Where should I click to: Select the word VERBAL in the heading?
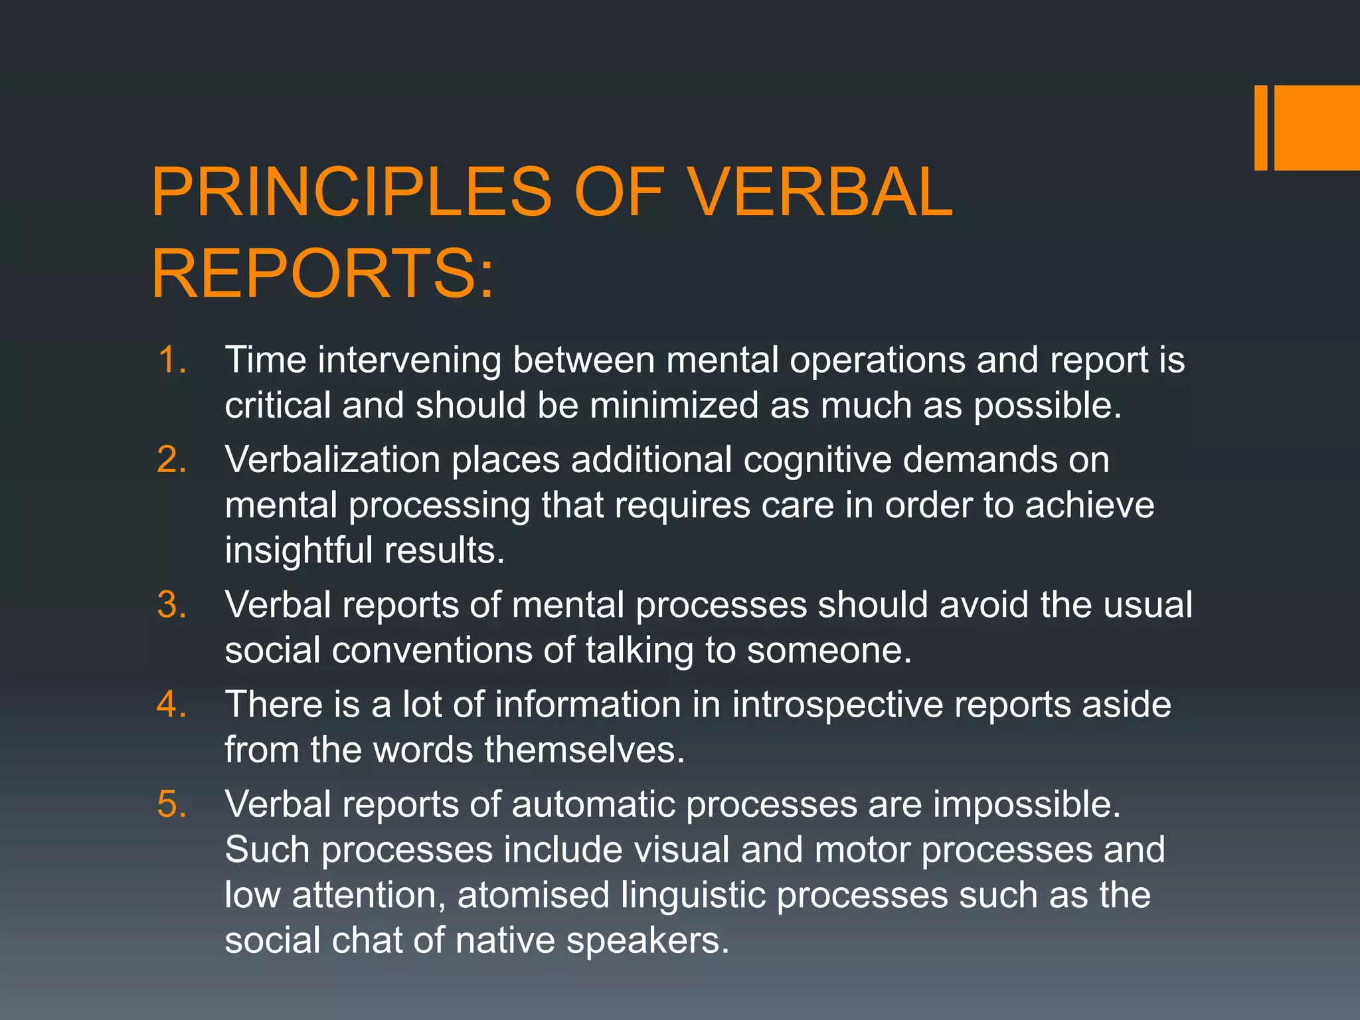coord(819,193)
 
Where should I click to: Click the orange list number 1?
coord(171,361)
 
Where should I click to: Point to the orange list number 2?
coord(171,460)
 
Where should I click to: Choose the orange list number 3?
coord(171,606)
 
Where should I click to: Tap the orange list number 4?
coord(171,705)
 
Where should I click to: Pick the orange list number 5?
coord(171,805)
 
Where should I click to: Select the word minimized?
coord(673,406)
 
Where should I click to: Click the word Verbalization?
coord(332,460)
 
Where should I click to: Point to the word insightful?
coord(298,551)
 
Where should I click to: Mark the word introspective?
coord(837,705)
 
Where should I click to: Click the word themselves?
coord(584,750)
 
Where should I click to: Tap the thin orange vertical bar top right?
coord(1260,127)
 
